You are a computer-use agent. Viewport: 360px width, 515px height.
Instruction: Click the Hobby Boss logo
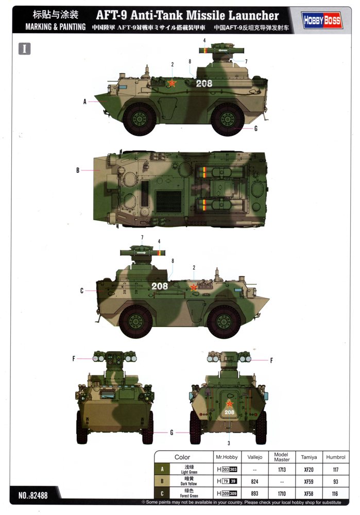tap(322, 21)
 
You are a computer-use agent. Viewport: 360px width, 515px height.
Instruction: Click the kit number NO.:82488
tap(33, 495)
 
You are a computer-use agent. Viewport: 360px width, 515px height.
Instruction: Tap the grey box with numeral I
tap(25, 49)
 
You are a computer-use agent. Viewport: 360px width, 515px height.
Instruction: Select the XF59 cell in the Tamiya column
tap(308, 482)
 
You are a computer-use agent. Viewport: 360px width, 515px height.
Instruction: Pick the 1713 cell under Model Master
tap(282, 470)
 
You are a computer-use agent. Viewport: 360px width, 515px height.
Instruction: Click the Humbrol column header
tap(335, 457)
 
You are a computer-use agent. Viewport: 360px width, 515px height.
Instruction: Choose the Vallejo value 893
tap(254, 493)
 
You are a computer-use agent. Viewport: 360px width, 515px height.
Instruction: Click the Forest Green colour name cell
tap(189, 493)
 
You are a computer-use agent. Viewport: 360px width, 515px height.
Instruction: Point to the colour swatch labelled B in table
tap(162, 482)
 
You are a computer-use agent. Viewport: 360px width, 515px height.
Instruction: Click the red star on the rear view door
tap(229, 404)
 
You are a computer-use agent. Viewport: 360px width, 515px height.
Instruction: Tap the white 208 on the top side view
tap(204, 83)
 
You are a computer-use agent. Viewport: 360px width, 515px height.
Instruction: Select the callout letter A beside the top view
tap(85, 102)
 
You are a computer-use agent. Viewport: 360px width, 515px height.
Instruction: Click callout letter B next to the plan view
tap(78, 170)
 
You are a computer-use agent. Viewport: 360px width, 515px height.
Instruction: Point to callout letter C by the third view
tap(82, 290)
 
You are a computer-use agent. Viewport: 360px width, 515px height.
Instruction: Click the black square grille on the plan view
tap(168, 202)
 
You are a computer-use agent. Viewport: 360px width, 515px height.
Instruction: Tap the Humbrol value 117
tap(335, 470)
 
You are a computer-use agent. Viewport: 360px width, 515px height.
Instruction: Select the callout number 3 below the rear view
tap(229, 443)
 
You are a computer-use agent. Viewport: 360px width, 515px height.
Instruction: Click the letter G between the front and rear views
tap(172, 433)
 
